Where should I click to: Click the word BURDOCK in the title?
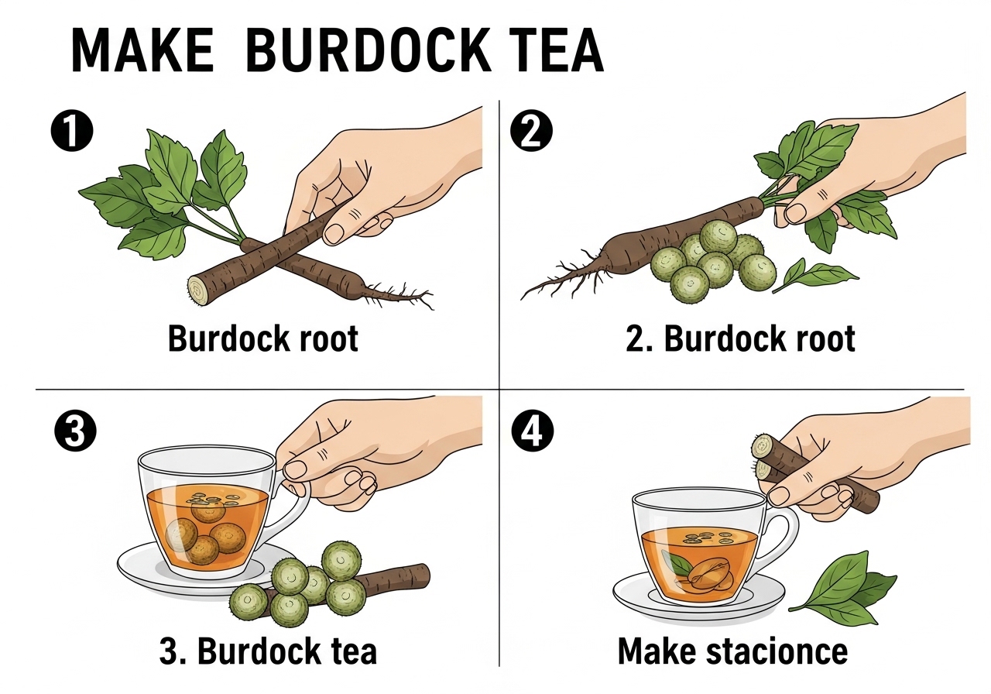click(369, 50)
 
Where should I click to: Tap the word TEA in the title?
click(558, 50)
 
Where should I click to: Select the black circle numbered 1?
click(72, 130)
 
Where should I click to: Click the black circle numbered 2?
click(531, 130)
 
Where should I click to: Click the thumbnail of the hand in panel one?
click(334, 233)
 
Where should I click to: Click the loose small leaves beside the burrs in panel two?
click(814, 274)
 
